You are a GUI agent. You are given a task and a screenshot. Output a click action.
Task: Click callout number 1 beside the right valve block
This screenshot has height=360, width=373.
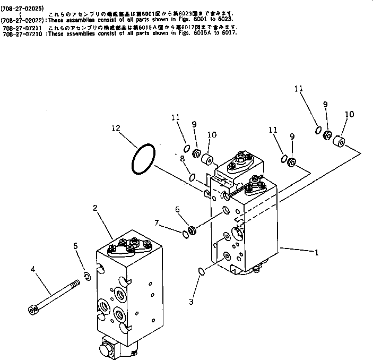click(x=317, y=253)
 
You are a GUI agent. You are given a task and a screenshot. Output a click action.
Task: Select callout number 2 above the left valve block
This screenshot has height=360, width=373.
click(x=95, y=208)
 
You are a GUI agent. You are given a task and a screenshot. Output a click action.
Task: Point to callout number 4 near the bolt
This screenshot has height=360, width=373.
click(x=33, y=270)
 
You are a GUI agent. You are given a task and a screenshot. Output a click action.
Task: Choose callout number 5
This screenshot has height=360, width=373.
click(x=75, y=246)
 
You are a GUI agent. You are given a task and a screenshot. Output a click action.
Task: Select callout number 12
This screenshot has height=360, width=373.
click(x=116, y=128)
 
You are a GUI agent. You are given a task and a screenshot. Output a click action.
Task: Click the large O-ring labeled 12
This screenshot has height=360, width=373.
click(x=144, y=158)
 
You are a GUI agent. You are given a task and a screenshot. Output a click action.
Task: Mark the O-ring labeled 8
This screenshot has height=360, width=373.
click(x=193, y=177)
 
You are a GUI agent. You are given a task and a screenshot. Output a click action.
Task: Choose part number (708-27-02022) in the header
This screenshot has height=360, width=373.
click(x=23, y=21)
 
